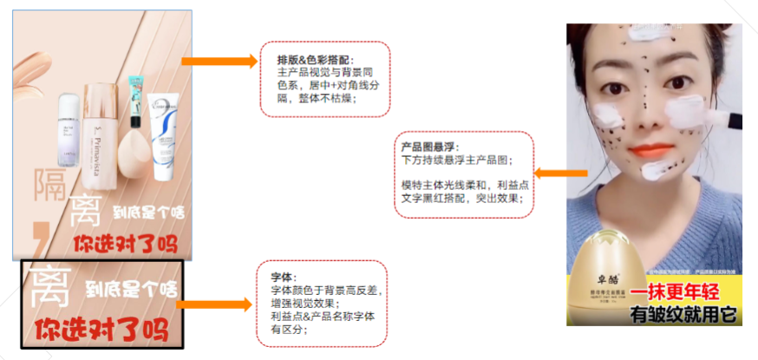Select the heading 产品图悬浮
click(x=430, y=147)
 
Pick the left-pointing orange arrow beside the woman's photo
click(x=548, y=173)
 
